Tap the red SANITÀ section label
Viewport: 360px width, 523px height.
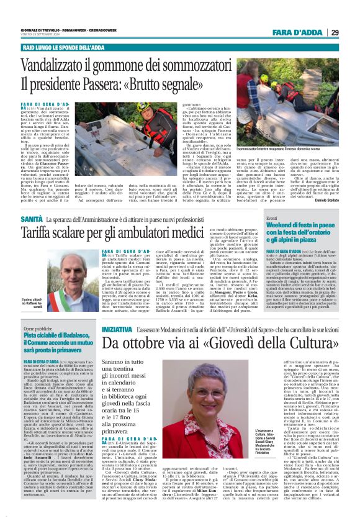32,220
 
